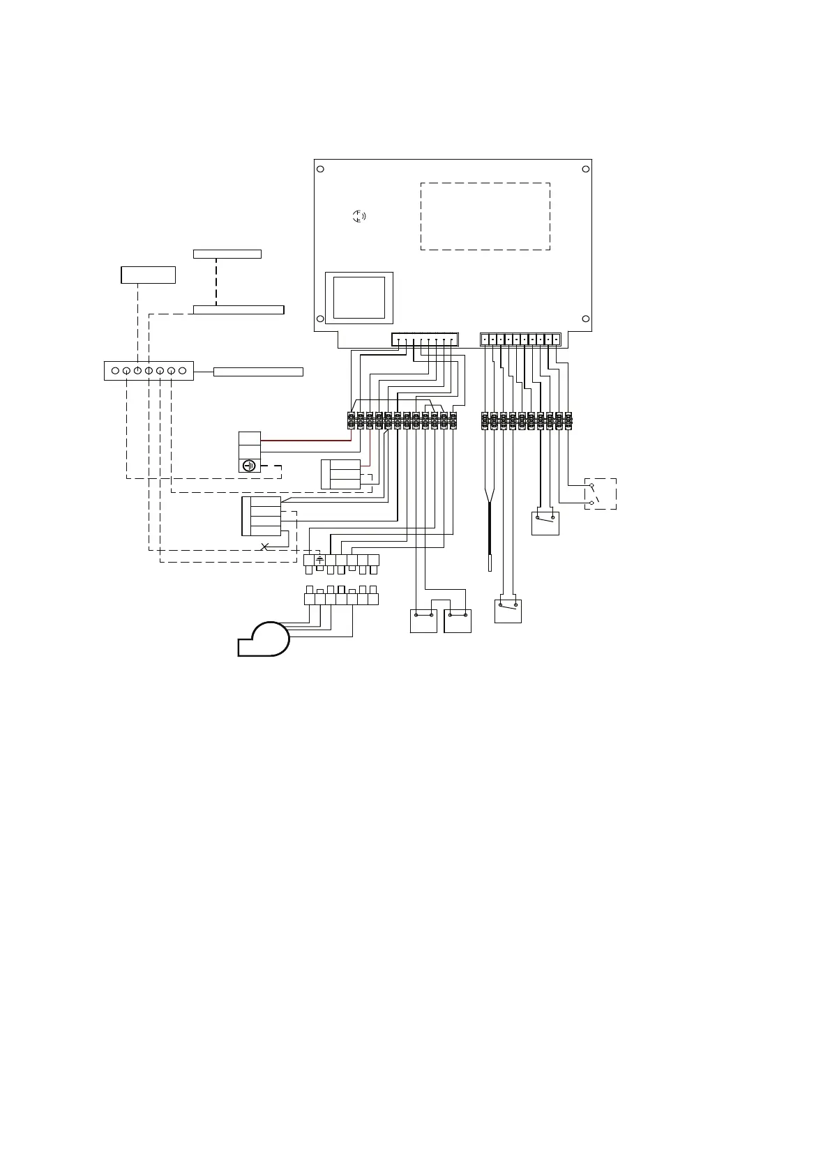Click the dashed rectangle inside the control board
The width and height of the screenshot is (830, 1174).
click(x=485, y=216)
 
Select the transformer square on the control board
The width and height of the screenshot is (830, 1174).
click(x=359, y=297)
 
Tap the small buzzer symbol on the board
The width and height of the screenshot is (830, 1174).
click(x=359, y=216)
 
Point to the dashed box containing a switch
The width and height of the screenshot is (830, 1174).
click(x=600, y=494)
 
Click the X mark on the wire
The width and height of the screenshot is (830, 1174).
click(x=264, y=546)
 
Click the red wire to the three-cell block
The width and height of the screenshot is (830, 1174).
click(x=304, y=441)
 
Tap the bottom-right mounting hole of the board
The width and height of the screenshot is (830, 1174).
click(x=586, y=320)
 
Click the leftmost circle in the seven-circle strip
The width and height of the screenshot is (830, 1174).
click(x=115, y=371)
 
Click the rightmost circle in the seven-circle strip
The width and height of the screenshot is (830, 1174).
click(x=182, y=371)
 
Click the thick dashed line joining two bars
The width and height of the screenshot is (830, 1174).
click(x=216, y=282)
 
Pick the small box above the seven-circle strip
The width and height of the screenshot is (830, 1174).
click(x=148, y=275)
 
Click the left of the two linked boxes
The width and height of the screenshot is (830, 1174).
click(x=423, y=620)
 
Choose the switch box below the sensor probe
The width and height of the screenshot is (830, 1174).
click(x=508, y=611)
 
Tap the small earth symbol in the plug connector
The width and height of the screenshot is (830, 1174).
click(x=319, y=559)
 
